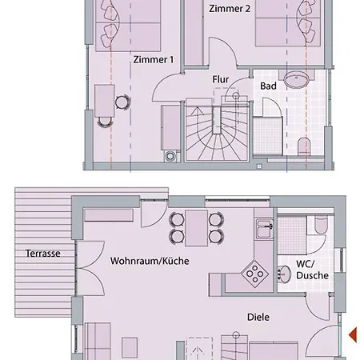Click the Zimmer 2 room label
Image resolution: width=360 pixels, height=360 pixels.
[230, 9]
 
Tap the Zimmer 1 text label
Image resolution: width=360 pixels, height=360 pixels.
[154, 59]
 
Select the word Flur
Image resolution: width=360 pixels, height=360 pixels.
[221, 79]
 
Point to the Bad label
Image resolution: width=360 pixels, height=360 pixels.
[268, 85]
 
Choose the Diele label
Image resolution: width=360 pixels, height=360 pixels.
[258, 317]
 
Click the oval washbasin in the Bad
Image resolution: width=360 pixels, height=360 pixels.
[300, 80]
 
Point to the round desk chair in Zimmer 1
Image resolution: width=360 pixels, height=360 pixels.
[122, 102]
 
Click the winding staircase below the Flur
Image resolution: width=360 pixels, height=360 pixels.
[217, 128]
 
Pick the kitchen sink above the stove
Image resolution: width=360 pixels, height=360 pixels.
[261, 230]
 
